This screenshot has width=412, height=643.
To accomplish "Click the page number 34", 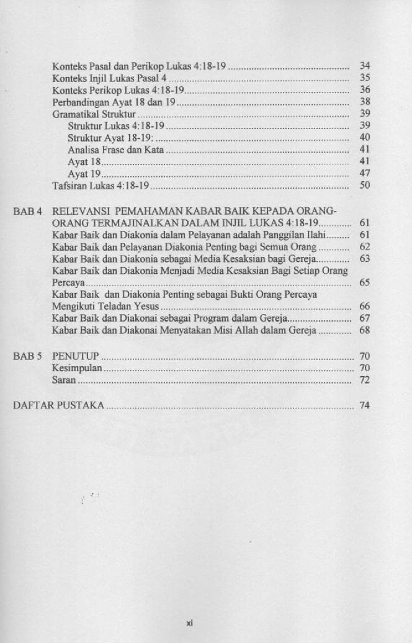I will click(x=365, y=65).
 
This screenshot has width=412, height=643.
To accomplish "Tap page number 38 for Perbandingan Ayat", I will click(x=365, y=101).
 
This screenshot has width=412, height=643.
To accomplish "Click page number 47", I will click(x=365, y=174).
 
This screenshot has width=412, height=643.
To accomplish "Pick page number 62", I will click(x=365, y=246).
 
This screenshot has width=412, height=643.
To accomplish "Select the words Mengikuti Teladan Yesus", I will click(x=105, y=307).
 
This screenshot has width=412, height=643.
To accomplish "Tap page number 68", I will click(x=365, y=330).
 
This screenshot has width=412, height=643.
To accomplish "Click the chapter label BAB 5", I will click(x=27, y=357).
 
